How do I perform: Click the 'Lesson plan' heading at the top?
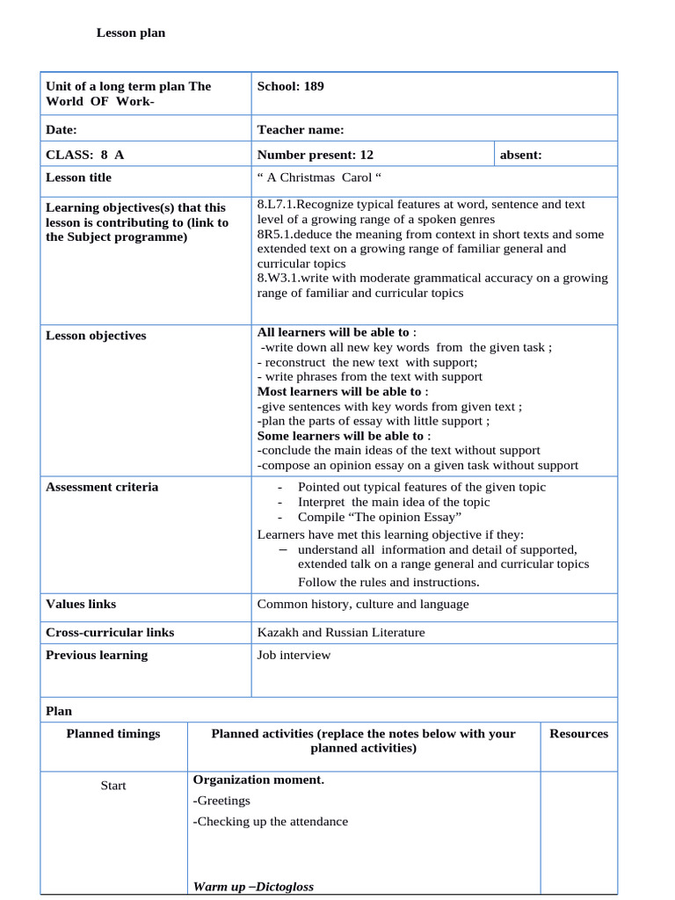click(130, 33)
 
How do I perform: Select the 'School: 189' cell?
click(290, 86)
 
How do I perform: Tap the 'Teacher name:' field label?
click(301, 130)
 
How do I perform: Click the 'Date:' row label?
click(62, 130)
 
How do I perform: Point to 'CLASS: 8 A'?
click(84, 155)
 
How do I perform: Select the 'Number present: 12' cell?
click(315, 155)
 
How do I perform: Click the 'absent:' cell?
click(520, 155)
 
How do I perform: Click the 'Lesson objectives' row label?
click(96, 336)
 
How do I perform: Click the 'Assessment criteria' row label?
click(102, 487)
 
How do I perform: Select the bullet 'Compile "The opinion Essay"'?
click(380, 518)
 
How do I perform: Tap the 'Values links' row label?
click(81, 605)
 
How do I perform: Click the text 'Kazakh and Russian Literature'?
click(340, 633)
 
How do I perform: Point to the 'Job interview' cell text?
click(294, 656)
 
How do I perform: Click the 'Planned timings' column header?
click(113, 734)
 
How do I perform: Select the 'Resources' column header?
click(578, 734)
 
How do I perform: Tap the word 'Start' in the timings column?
click(113, 786)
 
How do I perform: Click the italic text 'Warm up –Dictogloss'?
click(253, 887)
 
